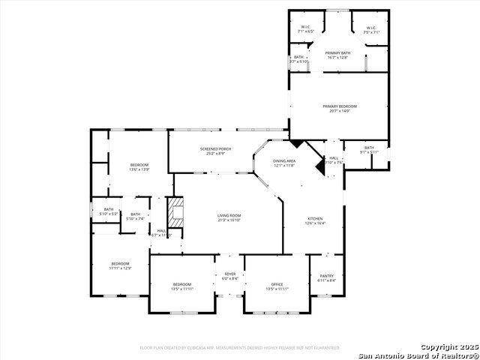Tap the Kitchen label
(314, 220)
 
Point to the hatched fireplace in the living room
(174, 212)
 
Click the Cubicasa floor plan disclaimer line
(240, 348)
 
